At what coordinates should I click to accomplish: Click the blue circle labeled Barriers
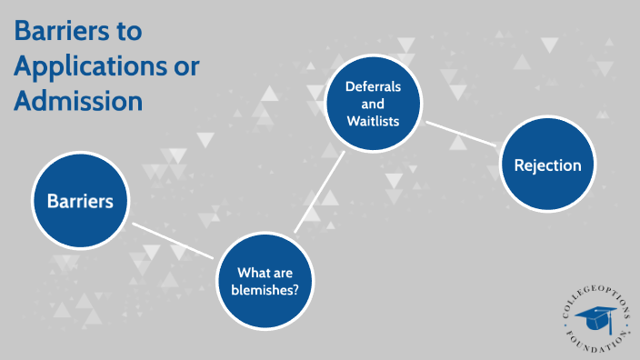point(80,201)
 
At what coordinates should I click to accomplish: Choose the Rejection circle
point(547,166)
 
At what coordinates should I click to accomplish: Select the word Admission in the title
point(77,101)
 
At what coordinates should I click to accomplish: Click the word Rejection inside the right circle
point(547,166)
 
